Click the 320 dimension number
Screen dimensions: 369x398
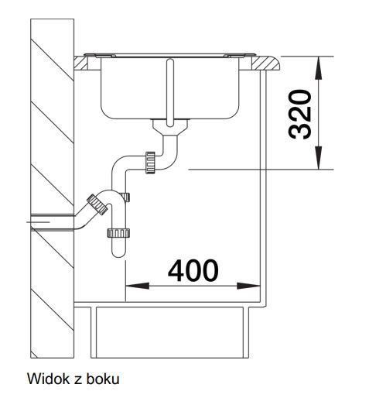pos(300,115)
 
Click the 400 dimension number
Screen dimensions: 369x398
pos(193,271)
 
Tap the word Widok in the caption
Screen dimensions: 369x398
pos(49,379)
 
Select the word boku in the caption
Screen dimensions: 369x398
pos(103,379)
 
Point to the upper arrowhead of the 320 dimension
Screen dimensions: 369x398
pos(319,67)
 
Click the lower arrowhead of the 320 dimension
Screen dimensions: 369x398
pos(319,158)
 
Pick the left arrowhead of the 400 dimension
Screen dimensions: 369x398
pos(137,286)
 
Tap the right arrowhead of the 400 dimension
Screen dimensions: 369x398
pos(248,286)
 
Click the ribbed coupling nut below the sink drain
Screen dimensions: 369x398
pos(150,163)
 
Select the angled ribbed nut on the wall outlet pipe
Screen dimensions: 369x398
pos(97,204)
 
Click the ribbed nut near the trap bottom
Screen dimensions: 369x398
pos(118,233)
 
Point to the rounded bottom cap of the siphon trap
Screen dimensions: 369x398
pos(118,252)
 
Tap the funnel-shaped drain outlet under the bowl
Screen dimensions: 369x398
pos(170,127)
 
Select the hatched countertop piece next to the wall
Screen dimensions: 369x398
pos(80,63)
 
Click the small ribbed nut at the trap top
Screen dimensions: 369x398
pos(126,197)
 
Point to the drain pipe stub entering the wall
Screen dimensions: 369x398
pos(53,221)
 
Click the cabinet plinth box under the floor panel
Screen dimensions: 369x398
pos(169,332)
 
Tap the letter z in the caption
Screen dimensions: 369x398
pos(78,380)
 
